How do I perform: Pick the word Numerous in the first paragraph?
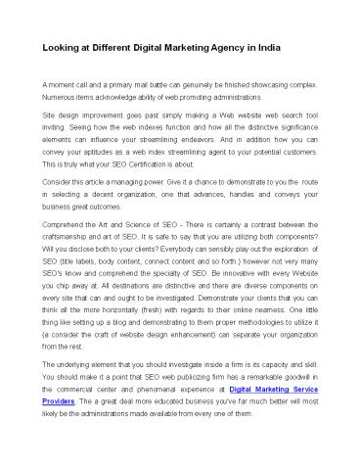(x=60, y=98)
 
